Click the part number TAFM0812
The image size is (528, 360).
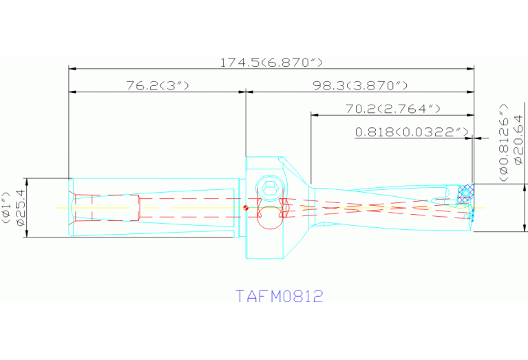pyautogui.click(x=279, y=297)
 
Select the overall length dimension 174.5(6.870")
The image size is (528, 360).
pyautogui.click(x=271, y=63)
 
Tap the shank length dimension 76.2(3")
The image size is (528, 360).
pyautogui.click(x=157, y=85)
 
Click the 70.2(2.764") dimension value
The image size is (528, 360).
pyautogui.click(x=392, y=109)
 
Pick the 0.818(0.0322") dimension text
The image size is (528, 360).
pyautogui.click(x=412, y=131)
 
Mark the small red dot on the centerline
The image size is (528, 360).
pyautogui.click(x=246, y=207)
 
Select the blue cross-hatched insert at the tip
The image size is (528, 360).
pyautogui.click(x=467, y=192)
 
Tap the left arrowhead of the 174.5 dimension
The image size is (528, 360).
pyautogui.click(x=72, y=69)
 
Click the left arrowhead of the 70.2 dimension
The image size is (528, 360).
pyautogui.click(x=315, y=115)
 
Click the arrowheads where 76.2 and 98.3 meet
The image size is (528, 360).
pyautogui.click(x=246, y=92)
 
